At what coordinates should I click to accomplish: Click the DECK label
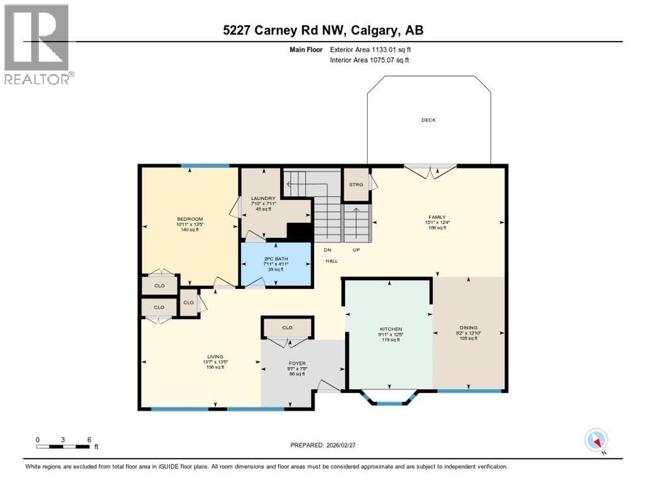[428, 120]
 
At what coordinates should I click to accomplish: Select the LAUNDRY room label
[264, 198]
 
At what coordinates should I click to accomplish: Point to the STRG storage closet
[355, 185]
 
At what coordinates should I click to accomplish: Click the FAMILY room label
[437, 217]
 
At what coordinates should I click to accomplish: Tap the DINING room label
[468, 327]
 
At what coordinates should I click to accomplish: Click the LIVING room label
[215, 357]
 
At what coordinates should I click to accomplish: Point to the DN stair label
[328, 249]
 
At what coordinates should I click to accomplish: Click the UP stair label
[355, 249]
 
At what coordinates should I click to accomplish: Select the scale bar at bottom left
[63, 446]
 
